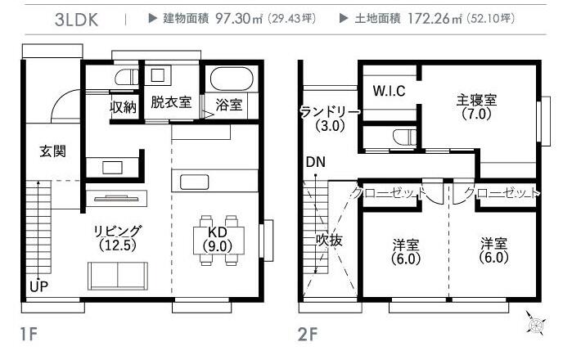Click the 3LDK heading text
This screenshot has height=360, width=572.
77,20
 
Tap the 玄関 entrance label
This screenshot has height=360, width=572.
53,151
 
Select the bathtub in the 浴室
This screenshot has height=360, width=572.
229,79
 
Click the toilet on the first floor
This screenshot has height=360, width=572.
126,77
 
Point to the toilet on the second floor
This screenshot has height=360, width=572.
404,137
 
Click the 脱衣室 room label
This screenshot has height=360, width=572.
171,102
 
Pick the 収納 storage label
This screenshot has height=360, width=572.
124,107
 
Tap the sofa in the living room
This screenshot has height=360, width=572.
118,276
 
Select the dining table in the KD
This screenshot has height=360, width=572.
218,240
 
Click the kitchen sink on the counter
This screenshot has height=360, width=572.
195,182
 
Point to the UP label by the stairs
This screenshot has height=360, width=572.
38,286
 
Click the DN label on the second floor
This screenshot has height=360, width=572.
316,162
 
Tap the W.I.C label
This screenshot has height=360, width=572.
389,91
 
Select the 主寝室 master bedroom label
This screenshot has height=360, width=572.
476,100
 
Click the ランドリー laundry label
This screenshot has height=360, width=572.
330,112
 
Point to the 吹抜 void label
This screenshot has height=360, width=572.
329,240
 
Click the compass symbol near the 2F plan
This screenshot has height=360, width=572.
535,323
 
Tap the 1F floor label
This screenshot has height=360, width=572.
29,334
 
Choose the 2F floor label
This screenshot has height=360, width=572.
308,334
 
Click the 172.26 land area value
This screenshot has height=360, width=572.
429,18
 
